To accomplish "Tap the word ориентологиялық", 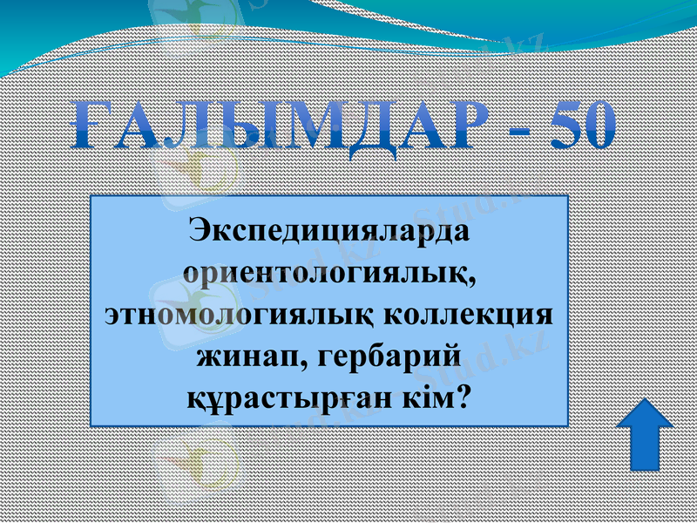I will (x=327, y=273).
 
